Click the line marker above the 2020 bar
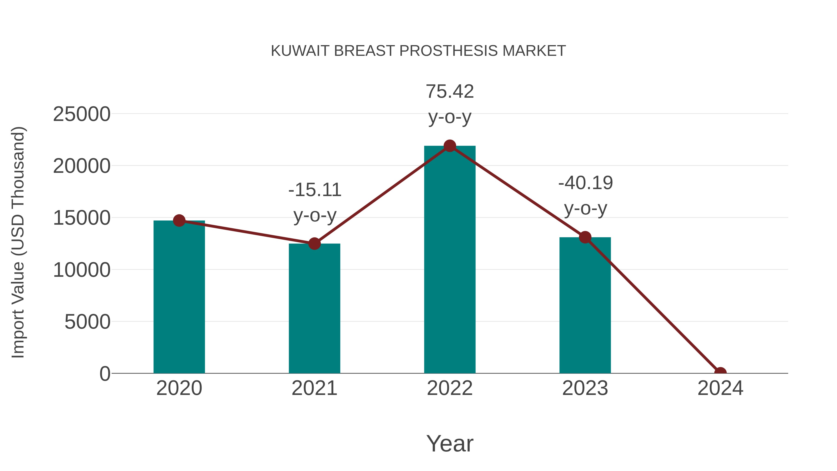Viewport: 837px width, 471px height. [179, 221]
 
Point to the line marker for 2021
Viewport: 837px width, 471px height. [314, 244]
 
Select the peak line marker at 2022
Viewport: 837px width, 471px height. [450, 146]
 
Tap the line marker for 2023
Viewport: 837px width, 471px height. [585, 237]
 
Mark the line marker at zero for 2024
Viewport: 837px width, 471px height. [720, 373]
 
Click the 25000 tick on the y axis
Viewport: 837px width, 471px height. [82, 114]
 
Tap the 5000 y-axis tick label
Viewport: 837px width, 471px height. [87, 322]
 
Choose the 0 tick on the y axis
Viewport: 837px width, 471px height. [105, 374]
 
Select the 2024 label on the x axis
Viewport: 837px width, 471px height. [720, 388]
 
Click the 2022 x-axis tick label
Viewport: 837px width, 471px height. [450, 388]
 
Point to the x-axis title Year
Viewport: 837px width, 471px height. [450, 443]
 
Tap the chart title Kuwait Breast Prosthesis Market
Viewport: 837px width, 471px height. [418, 51]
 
